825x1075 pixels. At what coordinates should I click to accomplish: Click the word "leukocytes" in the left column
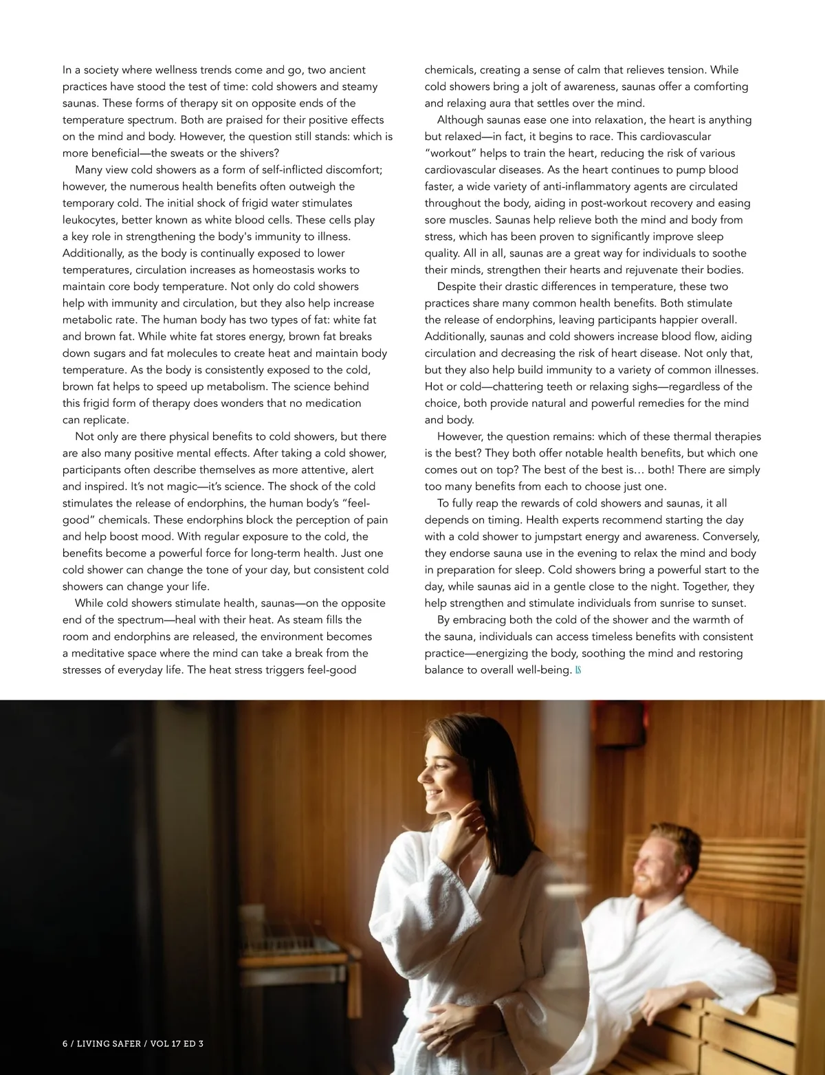click(89, 220)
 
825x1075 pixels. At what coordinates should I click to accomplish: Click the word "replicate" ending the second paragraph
click(104, 420)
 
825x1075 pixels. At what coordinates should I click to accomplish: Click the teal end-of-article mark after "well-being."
click(578, 670)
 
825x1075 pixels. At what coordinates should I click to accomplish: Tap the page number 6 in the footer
click(65, 1043)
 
